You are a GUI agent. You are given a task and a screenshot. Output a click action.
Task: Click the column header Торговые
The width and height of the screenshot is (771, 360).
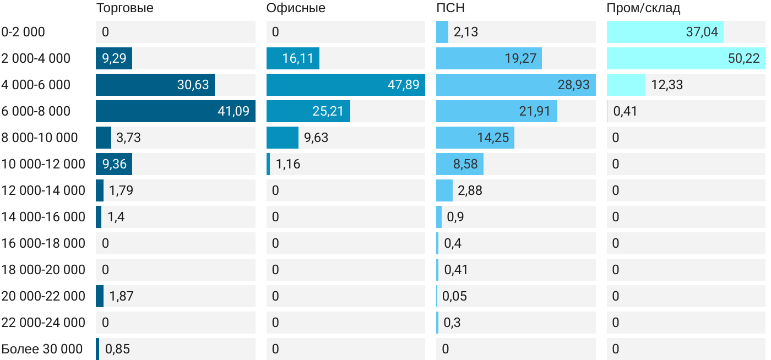coord(124,8)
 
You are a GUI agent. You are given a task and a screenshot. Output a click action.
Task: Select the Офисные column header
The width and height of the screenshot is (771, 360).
coord(296,8)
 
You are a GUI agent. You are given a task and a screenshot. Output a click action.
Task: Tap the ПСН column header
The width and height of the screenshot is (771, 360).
coord(450,8)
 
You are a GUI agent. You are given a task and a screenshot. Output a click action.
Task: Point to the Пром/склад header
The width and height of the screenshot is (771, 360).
coord(643,8)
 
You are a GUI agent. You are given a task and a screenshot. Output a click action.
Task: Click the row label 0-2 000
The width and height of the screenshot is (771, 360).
coord(23,32)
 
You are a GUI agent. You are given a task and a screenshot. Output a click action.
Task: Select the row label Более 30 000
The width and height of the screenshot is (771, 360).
coord(42,349)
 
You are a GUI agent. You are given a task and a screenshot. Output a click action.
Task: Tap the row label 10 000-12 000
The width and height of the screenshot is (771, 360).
coord(44,164)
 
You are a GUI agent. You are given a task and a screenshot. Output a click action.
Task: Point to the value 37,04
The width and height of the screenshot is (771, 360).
coord(702,32)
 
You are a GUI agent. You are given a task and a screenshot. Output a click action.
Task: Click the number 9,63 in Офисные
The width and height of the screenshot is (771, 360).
coord(316,138)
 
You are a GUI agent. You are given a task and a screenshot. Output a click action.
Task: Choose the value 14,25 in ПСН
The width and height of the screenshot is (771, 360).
coord(493,138)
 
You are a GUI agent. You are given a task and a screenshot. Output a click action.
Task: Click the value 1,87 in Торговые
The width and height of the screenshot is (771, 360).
coord(121,296)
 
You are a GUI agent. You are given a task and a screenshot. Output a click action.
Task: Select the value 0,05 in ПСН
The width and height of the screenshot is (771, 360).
coord(454,296)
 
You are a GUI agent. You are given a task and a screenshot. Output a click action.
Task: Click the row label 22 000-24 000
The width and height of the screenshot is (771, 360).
coord(44,323)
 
